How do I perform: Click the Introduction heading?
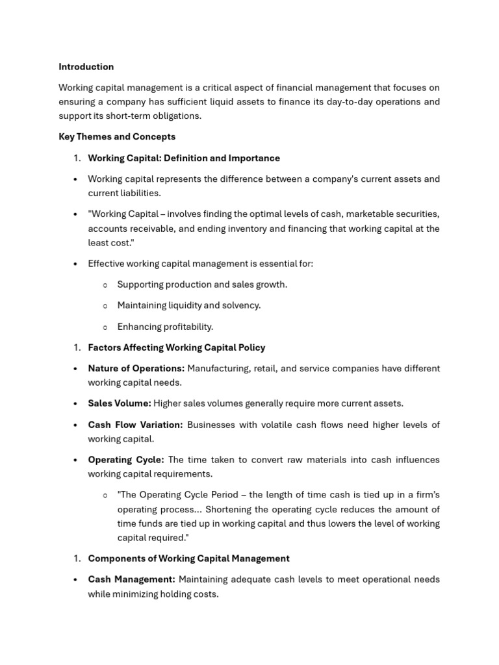click(x=86, y=67)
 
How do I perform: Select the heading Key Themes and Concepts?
click(x=117, y=137)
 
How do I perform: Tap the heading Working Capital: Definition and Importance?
click(x=184, y=158)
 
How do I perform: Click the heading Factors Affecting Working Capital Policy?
click(x=177, y=347)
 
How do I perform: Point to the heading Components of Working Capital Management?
click(x=188, y=558)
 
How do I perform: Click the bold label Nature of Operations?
click(x=136, y=368)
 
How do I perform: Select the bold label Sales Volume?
click(x=120, y=403)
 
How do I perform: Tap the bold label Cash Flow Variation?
click(x=136, y=425)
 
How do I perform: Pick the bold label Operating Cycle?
click(x=126, y=460)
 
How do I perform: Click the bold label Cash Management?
click(x=131, y=579)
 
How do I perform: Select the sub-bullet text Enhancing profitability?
click(x=165, y=327)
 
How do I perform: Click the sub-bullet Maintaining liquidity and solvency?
click(x=188, y=305)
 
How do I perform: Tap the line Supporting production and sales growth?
click(x=202, y=284)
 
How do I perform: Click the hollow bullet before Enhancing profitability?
click(x=105, y=327)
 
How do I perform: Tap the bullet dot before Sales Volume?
click(x=76, y=404)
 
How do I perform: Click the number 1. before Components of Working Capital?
click(x=77, y=558)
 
